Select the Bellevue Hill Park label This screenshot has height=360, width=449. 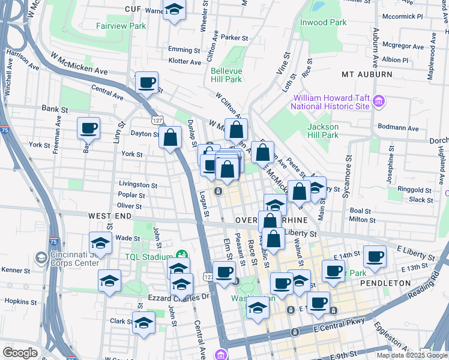click(x=226, y=74)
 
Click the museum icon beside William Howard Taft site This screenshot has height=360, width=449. click(x=378, y=101)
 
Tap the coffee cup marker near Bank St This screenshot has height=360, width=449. click(x=88, y=127)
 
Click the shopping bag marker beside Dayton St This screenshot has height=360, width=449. click(x=170, y=137)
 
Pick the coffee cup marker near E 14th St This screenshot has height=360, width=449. click(x=375, y=256)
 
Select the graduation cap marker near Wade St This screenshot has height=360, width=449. click(x=100, y=244)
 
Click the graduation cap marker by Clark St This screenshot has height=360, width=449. click(x=144, y=323)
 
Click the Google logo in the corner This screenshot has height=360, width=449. click(x=20, y=353)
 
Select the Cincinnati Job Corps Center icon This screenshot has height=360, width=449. click(x=41, y=257)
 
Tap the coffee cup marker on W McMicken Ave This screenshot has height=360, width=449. click(x=146, y=83)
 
